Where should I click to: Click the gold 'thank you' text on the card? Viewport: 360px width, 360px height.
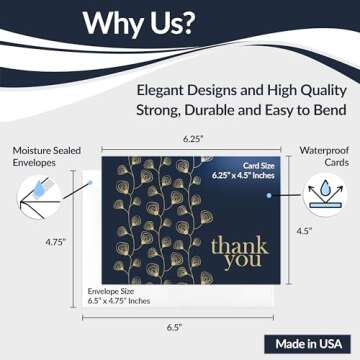(240, 250)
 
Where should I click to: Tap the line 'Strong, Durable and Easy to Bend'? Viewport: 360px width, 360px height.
(238, 109)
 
